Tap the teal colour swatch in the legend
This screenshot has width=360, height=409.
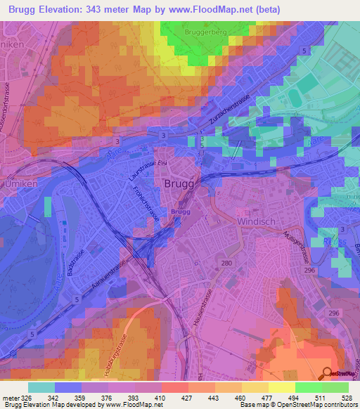tap(41, 387)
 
